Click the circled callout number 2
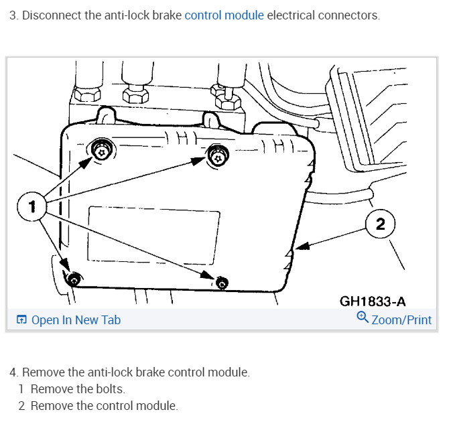pyautogui.click(x=380, y=224)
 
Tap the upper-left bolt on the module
pyautogui.click(x=101, y=151)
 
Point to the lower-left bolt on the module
pyautogui.click(x=74, y=279)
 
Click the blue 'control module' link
pyautogui.click(x=224, y=15)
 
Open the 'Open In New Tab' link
pyautogui.click(x=76, y=320)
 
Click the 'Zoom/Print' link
pyautogui.click(x=401, y=320)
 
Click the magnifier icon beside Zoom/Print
pyautogui.click(x=363, y=318)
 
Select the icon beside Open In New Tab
pyautogui.click(x=21, y=320)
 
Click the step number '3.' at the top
pyautogui.click(x=13, y=15)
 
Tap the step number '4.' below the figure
pyautogui.click(x=13, y=372)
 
